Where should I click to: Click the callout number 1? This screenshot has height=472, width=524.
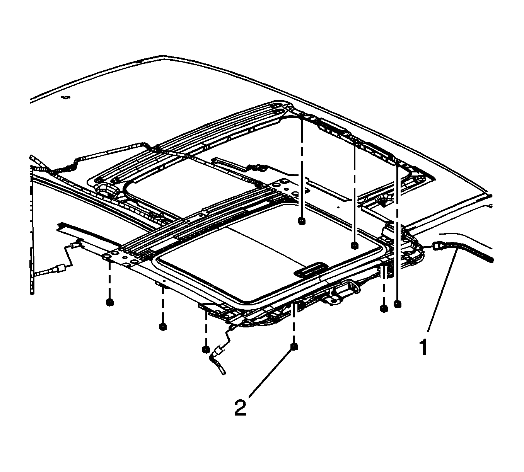(x=424, y=348)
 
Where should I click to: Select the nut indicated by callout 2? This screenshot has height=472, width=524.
(x=294, y=347)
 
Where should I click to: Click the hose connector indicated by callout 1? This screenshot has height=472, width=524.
(x=438, y=246)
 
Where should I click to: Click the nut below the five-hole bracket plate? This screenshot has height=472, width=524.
(x=110, y=302)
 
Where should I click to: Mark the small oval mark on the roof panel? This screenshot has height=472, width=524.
(x=65, y=98)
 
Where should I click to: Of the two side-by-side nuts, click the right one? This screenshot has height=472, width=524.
(x=397, y=304)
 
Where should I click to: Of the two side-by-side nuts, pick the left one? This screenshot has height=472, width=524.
(x=384, y=308)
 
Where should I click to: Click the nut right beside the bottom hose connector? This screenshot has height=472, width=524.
(x=206, y=349)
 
